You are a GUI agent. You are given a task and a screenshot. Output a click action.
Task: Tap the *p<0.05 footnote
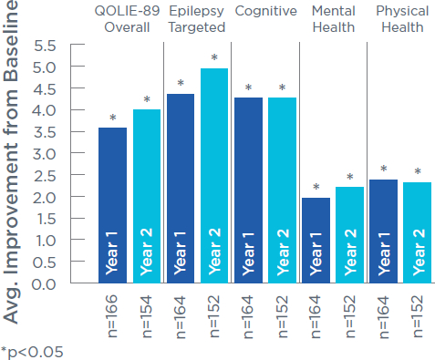click(x=33, y=350)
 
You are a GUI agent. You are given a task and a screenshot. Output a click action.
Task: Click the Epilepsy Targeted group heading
click(x=198, y=18)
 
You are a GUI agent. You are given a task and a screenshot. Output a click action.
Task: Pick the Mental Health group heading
click(x=334, y=18)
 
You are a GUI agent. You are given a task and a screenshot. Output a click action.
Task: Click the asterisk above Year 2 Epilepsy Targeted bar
click(x=215, y=59)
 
